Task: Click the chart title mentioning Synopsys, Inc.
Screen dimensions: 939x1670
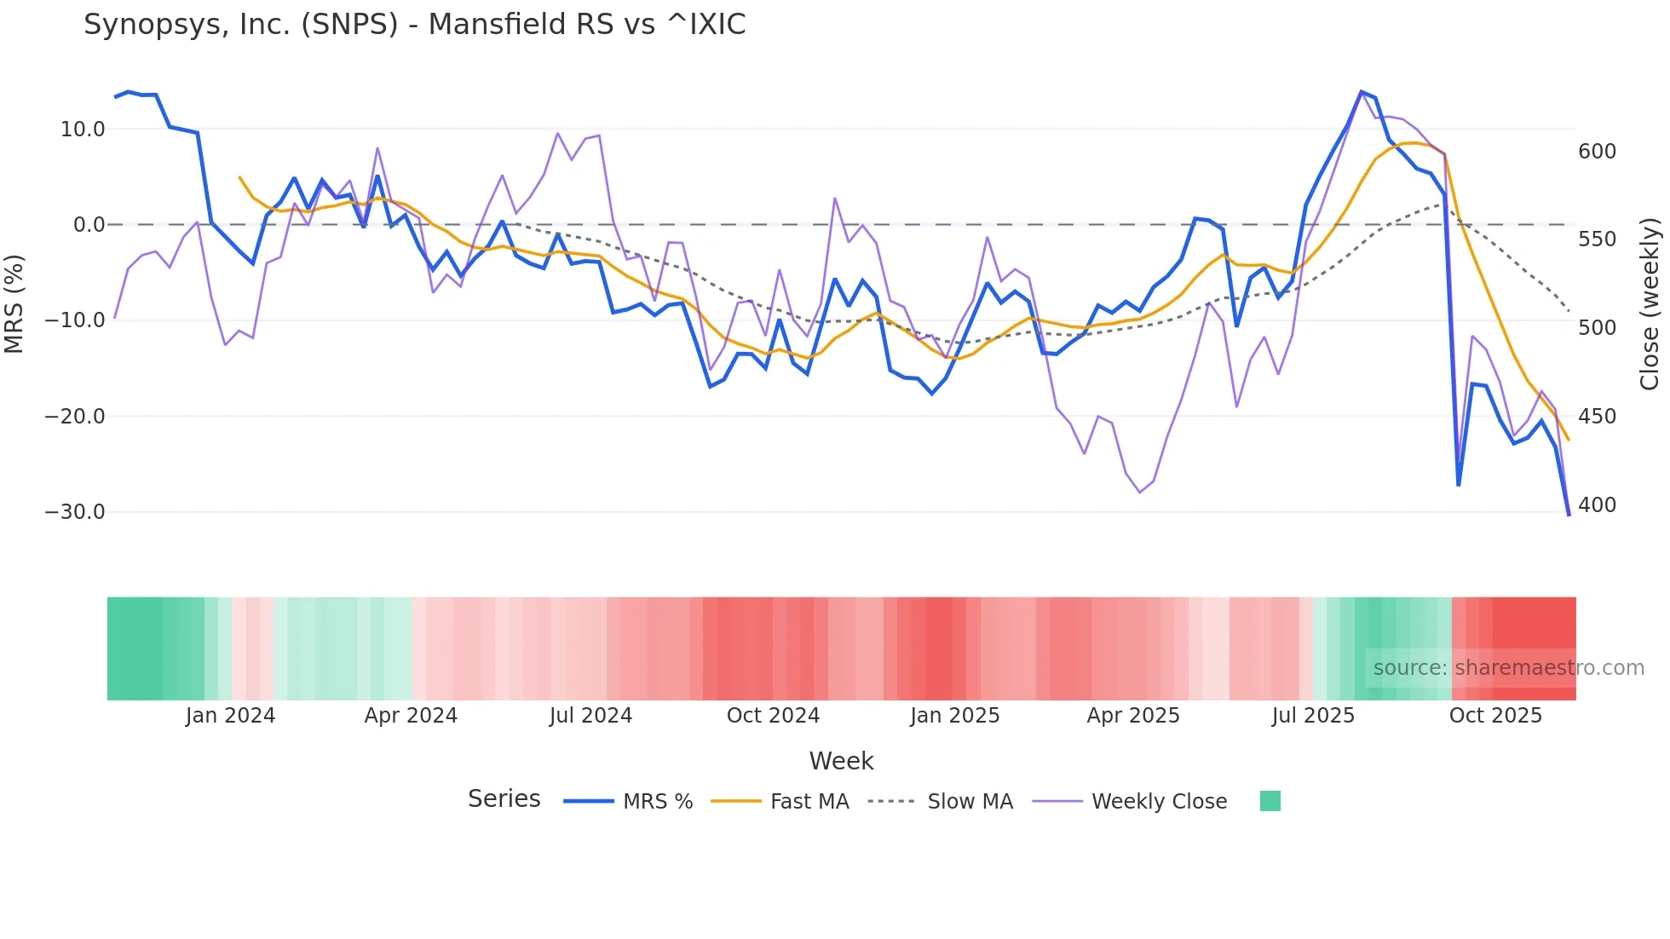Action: [414, 25]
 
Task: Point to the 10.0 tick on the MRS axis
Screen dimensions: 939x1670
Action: [83, 130]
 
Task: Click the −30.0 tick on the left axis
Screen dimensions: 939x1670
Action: [75, 512]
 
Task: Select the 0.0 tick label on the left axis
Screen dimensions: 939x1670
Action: [89, 225]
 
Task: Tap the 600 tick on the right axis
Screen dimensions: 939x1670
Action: [1597, 152]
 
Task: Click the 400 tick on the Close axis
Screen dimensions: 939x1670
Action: [1597, 505]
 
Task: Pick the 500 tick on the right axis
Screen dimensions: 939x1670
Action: [1597, 328]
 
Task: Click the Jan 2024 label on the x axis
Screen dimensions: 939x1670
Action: [230, 716]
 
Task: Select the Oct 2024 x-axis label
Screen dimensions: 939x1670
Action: [773, 716]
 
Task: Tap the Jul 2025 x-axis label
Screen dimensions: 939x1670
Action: [1313, 716]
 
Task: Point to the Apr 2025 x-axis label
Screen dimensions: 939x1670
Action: [1133, 716]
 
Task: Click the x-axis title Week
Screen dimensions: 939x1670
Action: [841, 761]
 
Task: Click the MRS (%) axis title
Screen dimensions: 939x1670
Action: [14, 303]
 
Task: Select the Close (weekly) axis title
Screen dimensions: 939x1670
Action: [1650, 304]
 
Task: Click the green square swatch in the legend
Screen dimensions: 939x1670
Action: [1270, 801]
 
